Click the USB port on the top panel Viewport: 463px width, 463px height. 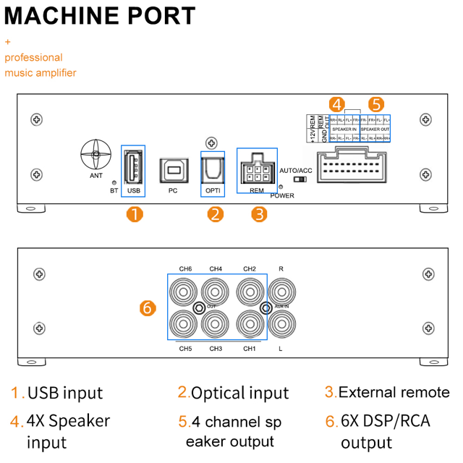tap(133, 167)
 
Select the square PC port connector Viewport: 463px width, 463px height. tap(172, 169)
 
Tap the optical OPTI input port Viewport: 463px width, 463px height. tap(212, 169)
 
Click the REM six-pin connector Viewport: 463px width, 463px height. tap(257, 171)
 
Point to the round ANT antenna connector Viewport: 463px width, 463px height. tap(95, 154)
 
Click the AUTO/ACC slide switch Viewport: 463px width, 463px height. tap(300, 179)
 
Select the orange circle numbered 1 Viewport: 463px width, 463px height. tap(134, 214)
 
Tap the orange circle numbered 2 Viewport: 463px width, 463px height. tap(215, 214)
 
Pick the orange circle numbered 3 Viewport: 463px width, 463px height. tap(259, 214)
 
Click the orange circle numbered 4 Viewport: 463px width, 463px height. tap(336, 104)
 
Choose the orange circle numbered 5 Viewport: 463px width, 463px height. tap(376, 104)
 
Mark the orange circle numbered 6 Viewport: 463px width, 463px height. tap(147, 307)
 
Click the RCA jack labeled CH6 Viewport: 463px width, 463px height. tap(184, 293)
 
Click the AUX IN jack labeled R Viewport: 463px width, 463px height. tap(281, 293)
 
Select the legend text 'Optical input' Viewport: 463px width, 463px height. tap(239, 393)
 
